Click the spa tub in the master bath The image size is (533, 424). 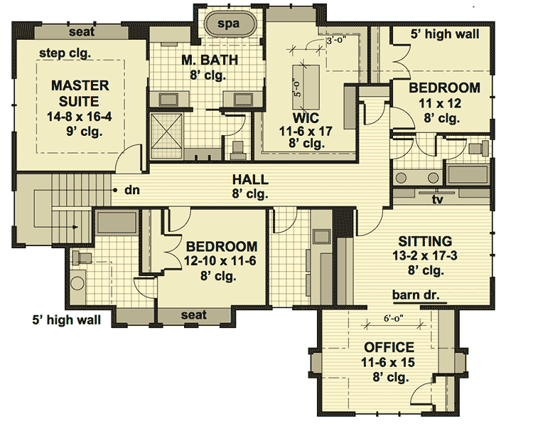(228, 23)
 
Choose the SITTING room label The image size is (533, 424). (425, 242)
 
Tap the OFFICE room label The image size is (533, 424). (389, 347)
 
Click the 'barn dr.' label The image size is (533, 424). (418, 294)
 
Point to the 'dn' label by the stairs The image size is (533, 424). (131, 190)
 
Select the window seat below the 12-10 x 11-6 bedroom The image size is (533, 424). (193, 314)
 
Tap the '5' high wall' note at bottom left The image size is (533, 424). (67, 319)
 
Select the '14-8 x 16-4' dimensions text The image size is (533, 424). (80, 116)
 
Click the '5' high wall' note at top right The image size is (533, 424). (445, 33)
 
